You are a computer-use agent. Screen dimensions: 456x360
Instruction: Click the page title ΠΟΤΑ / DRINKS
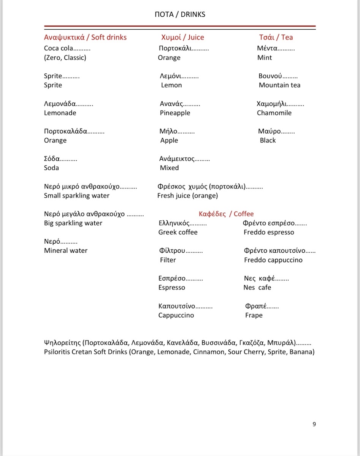point(180,14)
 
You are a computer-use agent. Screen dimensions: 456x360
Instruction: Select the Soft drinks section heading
point(85,37)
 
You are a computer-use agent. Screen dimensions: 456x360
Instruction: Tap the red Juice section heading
point(182,37)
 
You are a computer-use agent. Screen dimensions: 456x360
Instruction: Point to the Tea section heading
point(276,37)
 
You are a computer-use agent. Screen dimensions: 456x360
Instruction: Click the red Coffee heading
point(226,214)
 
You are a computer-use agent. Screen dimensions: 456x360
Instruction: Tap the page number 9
point(314,424)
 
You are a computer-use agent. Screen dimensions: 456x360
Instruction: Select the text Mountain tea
point(279,85)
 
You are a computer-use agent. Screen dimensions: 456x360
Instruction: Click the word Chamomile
point(274,113)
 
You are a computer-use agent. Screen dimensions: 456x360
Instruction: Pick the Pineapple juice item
point(175,113)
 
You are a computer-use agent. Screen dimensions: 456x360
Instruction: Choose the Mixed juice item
point(169,168)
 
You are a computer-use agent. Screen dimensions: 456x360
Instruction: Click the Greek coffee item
point(178,232)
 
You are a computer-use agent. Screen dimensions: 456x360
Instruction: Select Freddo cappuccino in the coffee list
point(273,260)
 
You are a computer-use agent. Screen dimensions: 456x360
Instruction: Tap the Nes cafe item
point(257,288)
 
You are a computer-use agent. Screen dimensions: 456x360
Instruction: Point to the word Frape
point(254,315)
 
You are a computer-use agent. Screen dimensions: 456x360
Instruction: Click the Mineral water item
point(66,250)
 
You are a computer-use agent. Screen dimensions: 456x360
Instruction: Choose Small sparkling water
point(76,196)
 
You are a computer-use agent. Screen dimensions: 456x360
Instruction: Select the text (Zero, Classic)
point(65,58)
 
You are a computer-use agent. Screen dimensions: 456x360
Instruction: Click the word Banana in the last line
point(301,352)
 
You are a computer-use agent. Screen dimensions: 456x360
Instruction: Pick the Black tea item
point(268,141)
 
